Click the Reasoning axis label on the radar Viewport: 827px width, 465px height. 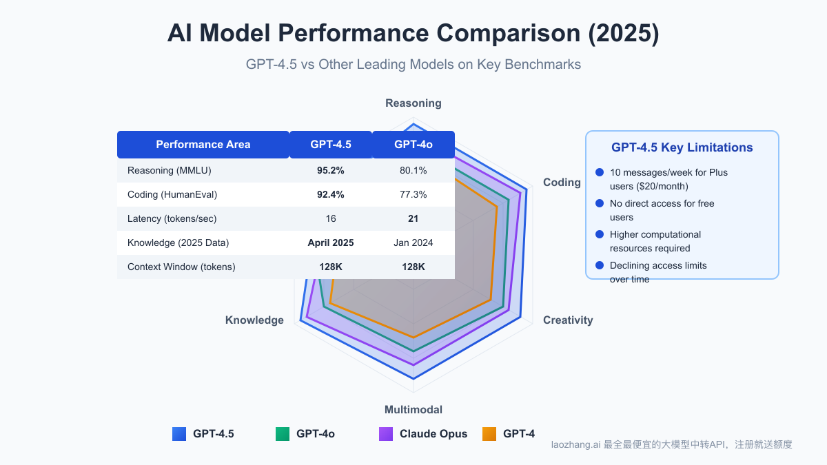pyautogui.click(x=413, y=103)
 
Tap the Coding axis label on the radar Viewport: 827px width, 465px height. pyautogui.click(x=562, y=183)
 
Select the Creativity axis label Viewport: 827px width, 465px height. pyautogui.click(x=568, y=320)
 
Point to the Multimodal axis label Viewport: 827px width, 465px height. pyautogui.click(x=413, y=409)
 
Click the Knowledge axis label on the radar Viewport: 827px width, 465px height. pyautogui.click(x=254, y=320)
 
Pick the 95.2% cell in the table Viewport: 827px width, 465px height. pyautogui.click(x=331, y=170)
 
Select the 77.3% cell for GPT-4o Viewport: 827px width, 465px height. pyautogui.click(x=413, y=194)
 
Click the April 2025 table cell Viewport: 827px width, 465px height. pyautogui.click(x=331, y=242)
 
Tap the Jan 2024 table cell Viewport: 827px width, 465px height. pyautogui.click(x=413, y=242)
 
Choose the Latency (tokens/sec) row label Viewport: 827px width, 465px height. pyautogui.click(x=172, y=218)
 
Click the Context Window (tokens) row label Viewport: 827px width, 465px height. pyautogui.click(x=181, y=267)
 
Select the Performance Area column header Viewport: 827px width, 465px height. pyautogui.click(x=203, y=145)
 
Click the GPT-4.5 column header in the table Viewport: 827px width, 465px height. pyautogui.click(x=331, y=145)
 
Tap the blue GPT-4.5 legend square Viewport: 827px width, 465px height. pyautogui.click(x=179, y=434)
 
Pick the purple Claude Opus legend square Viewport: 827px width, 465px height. pyautogui.click(x=386, y=434)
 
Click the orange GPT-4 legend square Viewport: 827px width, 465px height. pyautogui.click(x=489, y=434)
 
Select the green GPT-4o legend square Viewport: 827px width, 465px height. pyautogui.click(x=283, y=434)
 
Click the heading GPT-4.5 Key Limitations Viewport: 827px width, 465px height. pyautogui.click(x=682, y=147)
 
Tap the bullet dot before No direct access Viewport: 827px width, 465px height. pyautogui.click(x=599, y=203)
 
